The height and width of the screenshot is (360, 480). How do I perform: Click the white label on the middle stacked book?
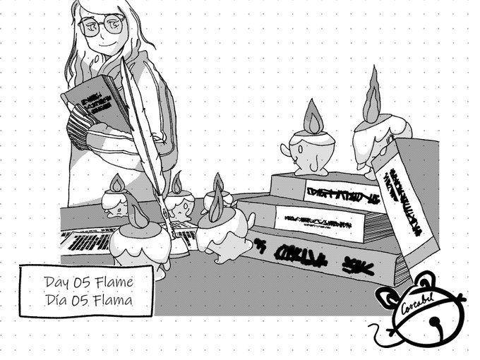click(x=318, y=218)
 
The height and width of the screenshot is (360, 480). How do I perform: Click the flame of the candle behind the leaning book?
click(x=372, y=104)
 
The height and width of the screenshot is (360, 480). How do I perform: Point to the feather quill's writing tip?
click(x=170, y=234)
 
